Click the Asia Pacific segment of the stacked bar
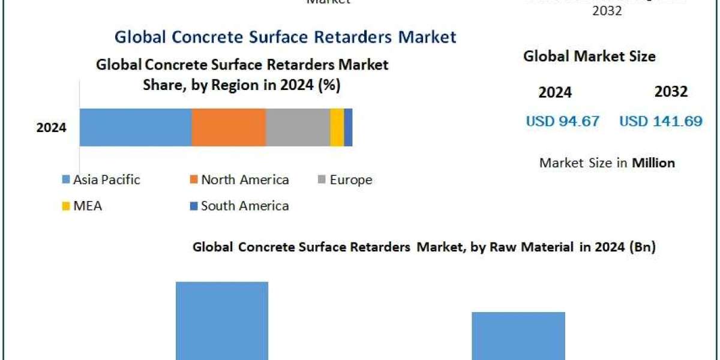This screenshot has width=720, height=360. (x=136, y=127)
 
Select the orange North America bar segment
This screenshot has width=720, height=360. (x=229, y=127)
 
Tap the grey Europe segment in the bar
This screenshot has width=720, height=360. (x=298, y=127)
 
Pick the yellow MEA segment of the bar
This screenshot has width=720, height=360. (x=337, y=127)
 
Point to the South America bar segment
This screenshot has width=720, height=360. (x=348, y=127)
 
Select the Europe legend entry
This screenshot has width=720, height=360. (x=344, y=179)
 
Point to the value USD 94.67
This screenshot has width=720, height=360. (x=562, y=121)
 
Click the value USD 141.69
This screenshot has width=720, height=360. (x=661, y=121)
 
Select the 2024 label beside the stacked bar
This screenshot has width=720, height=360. (x=51, y=128)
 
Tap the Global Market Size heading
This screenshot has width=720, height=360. (x=589, y=56)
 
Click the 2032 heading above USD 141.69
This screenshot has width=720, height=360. (x=671, y=92)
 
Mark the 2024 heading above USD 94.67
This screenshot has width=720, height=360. (x=555, y=92)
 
